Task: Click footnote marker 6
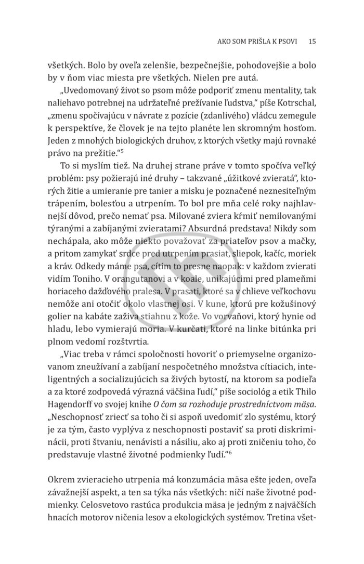pos(230,438)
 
